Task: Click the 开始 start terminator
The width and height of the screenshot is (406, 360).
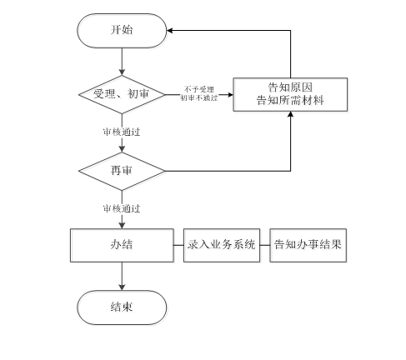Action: click(122, 31)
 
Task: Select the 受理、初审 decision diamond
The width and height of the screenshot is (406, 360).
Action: click(122, 94)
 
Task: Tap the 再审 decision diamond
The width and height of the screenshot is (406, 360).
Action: click(122, 171)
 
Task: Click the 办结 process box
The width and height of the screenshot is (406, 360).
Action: click(122, 245)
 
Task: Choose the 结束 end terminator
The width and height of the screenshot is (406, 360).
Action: click(122, 307)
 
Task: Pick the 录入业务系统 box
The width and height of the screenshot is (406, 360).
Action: click(222, 245)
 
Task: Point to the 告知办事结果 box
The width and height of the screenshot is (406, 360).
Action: click(308, 245)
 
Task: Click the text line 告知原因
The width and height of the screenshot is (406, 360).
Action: click(290, 87)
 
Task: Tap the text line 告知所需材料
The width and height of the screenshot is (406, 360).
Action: click(290, 100)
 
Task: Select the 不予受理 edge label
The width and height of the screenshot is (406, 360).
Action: click(199, 89)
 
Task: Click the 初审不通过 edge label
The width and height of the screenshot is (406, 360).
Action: click(199, 97)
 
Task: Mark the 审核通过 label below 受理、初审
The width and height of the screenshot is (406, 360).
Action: click(122, 132)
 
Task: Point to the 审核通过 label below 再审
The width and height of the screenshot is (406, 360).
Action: click(122, 208)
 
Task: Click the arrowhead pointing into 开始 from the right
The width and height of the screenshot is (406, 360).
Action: click(170, 31)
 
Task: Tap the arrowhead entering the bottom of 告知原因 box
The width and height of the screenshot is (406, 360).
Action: click(290, 114)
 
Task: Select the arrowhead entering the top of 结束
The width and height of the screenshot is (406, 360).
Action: click(122, 287)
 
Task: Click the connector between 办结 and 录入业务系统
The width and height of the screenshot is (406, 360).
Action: click(178, 245)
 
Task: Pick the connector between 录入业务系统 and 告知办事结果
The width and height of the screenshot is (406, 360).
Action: click(265, 245)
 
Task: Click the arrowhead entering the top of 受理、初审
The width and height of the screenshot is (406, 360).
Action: click(122, 72)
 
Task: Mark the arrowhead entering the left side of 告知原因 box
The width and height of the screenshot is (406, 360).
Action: click(230, 95)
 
